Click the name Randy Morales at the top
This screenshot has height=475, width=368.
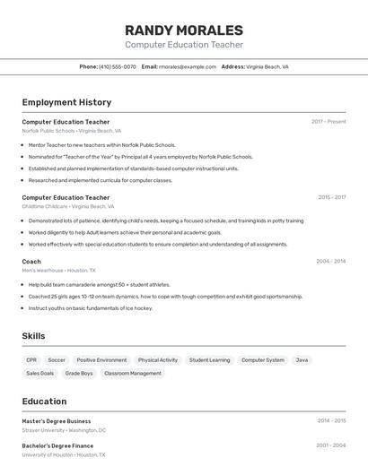tap(183, 30)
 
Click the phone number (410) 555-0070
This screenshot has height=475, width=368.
tap(118, 66)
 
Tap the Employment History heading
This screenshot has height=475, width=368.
tap(66, 102)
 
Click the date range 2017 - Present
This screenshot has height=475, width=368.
tap(329, 121)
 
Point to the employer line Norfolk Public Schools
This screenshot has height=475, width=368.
tap(71, 131)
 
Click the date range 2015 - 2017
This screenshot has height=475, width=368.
tap(331, 197)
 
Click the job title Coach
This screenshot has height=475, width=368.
tap(31, 261)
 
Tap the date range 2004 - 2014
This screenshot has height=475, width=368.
tap(330, 261)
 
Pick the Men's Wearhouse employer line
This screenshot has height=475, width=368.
tap(58, 270)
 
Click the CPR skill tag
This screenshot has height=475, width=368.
tap(31, 360)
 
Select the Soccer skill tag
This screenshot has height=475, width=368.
tap(57, 360)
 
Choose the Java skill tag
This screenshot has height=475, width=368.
tap(302, 360)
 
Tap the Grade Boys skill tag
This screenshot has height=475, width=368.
tap(79, 373)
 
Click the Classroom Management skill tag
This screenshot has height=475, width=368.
tap(133, 373)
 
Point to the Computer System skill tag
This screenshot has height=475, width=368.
tap(262, 360)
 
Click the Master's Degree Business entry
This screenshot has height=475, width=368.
tap(57, 420)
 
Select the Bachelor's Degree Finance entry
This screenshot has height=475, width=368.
tap(57, 445)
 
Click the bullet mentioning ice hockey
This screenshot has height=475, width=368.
tap(90, 307)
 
